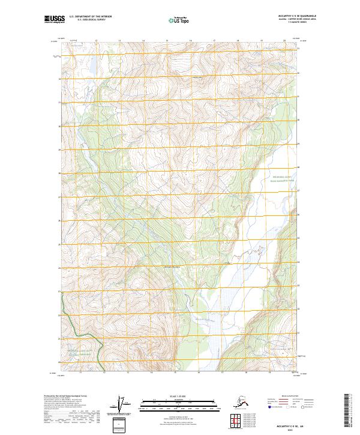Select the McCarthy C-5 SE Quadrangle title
[x=284, y=17]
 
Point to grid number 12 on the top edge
[x=96, y=40]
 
